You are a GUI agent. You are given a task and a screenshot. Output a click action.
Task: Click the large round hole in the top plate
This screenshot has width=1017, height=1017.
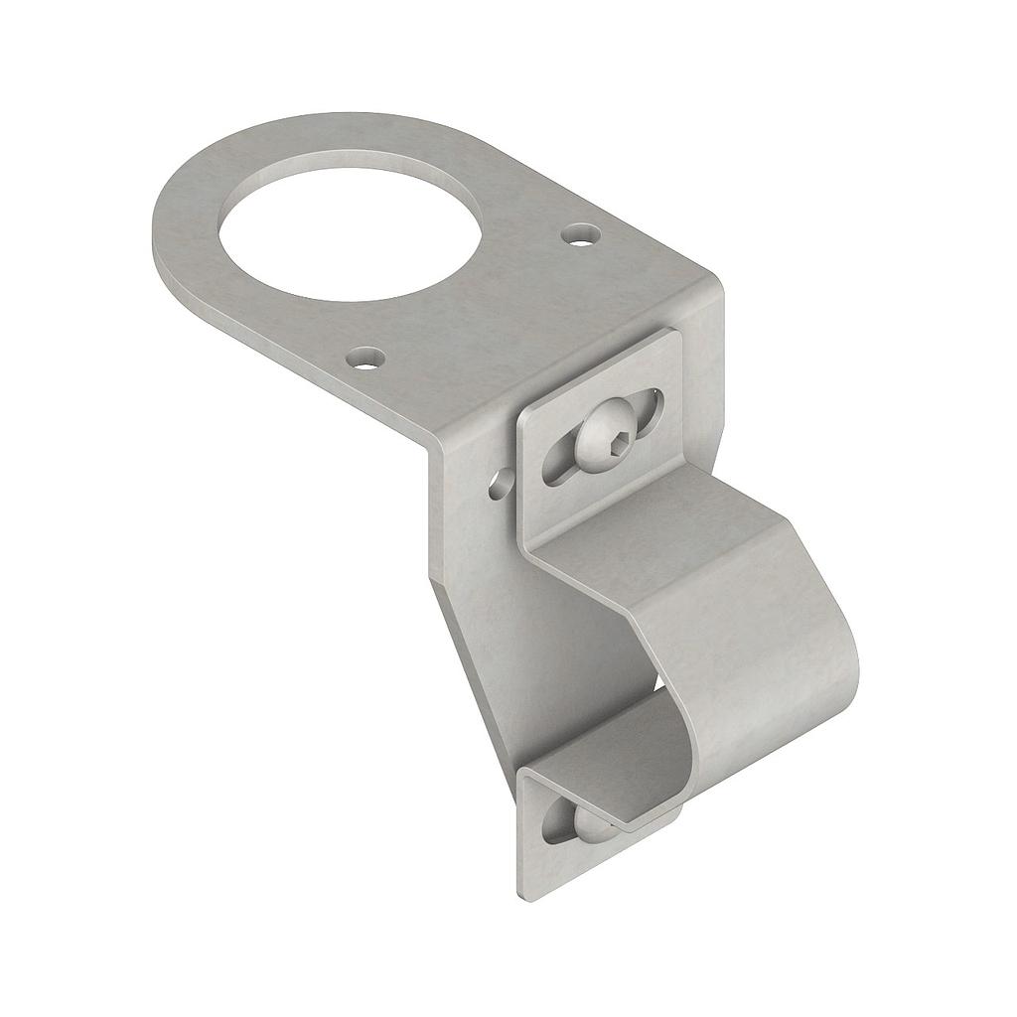click(353, 226)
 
